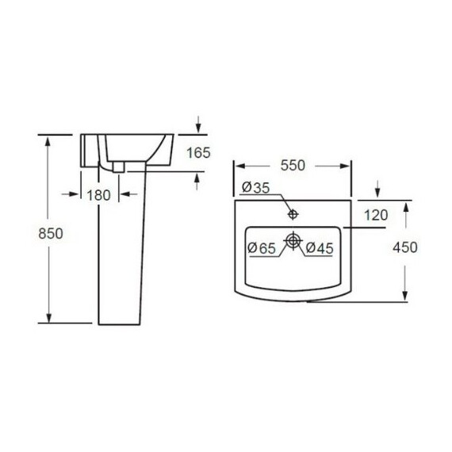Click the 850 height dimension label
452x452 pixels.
[x=51, y=233]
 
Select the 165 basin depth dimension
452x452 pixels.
[x=198, y=152]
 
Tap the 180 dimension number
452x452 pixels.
[x=98, y=195]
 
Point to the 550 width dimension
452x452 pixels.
[x=293, y=166]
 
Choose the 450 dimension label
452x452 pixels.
[x=405, y=247]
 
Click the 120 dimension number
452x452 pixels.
[x=376, y=216]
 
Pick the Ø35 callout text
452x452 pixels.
[x=255, y=187]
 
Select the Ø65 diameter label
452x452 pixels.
[x=262, y=248]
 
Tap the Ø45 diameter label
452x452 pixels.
[x=320, y=248]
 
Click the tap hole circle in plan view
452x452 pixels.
[x=293, y=214]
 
